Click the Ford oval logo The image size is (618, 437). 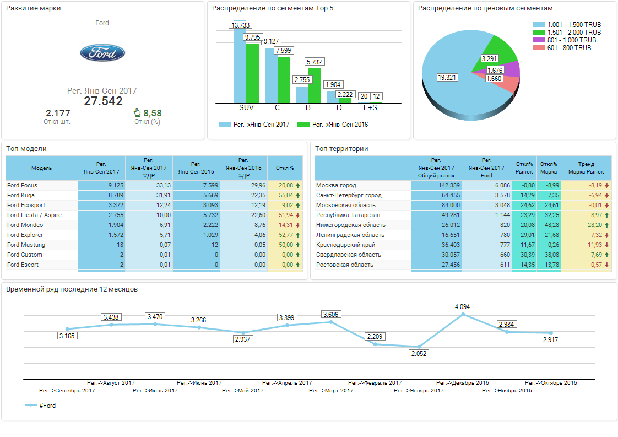(x=102, y=53)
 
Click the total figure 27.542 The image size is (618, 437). (x=103, y=101)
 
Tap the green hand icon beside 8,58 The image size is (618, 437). (x=137, y=112)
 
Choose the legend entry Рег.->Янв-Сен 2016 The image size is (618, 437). (x=332, y=125)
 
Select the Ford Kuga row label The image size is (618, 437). (x=21, y=195)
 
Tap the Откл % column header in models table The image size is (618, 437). (x=284, y=168)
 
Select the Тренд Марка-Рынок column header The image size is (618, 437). (x=586, y=168)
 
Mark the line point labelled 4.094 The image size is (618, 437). (x=463, y=314)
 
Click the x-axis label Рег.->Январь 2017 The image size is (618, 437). (x=419, y=391)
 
